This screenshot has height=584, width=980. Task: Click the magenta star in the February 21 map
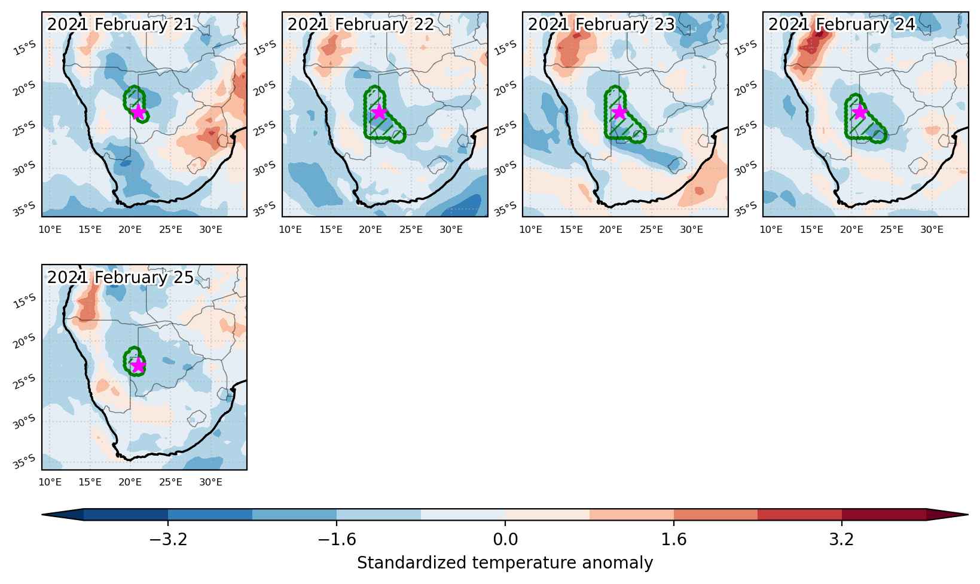(138, 112)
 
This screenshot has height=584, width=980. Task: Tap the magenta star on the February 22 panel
(379, 112)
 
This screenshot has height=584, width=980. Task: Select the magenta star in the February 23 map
(619, 112)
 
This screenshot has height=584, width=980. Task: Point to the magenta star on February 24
(860, 112)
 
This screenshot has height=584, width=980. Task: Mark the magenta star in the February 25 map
(138, 365)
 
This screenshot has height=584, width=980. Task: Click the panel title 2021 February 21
(120, 24)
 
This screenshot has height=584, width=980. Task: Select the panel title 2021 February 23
(602, 24)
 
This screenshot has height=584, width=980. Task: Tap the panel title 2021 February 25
(120, 277)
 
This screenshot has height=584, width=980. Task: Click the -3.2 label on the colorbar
(168, 540)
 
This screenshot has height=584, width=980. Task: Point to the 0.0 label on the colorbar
(505, 540)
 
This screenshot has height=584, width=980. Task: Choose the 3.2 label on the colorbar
(841, 540)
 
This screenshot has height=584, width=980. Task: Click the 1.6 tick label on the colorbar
(673, 540)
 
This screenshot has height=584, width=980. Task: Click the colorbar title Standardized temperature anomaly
(505, 563)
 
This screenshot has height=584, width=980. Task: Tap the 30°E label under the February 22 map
(451, 230)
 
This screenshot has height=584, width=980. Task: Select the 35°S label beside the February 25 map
(25, 461)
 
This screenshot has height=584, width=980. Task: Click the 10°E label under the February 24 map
(771, 230)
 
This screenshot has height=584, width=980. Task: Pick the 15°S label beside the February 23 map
(505, 48)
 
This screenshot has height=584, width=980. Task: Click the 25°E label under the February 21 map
(170, 230)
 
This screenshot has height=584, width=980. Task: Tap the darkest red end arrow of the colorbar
(947, 515)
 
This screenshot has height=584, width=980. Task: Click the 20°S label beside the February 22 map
(265, 88)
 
